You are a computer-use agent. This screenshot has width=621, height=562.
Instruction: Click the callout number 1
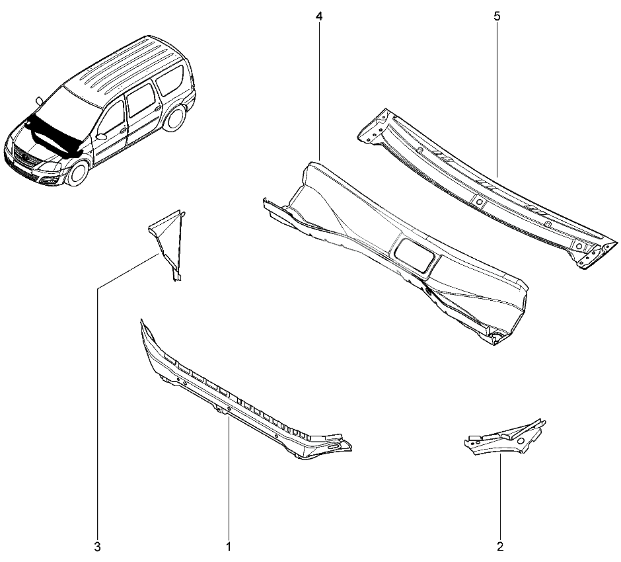pyautogui.click(x=229, y=547)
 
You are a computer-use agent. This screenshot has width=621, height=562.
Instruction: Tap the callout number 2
pyautogui.click(x=500, y=547)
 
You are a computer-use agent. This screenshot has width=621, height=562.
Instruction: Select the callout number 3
pyautogui.click(x=97, y=547)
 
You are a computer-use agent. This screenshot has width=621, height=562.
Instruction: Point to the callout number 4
pyautogui.click(x=319, y=17)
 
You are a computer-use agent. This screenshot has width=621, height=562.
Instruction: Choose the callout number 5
pyautogui.click(x=497, y=17)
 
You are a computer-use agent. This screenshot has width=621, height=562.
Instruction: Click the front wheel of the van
pyautogui.click(x=78, y=173)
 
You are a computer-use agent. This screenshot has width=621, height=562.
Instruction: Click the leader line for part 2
pyautogui.click(x=500, y=497)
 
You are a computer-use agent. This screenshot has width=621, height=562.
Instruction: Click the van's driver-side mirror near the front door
pyautogui.click(x=101, y=137)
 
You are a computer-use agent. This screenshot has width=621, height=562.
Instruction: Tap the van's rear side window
pyautogui.click(x=170, y=81)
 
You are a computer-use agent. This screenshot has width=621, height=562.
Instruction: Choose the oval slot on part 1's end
pyautogui.click(x=334, y=447)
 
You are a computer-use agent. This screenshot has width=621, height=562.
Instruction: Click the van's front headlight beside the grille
pyautogui.click(x=50, y=167)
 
